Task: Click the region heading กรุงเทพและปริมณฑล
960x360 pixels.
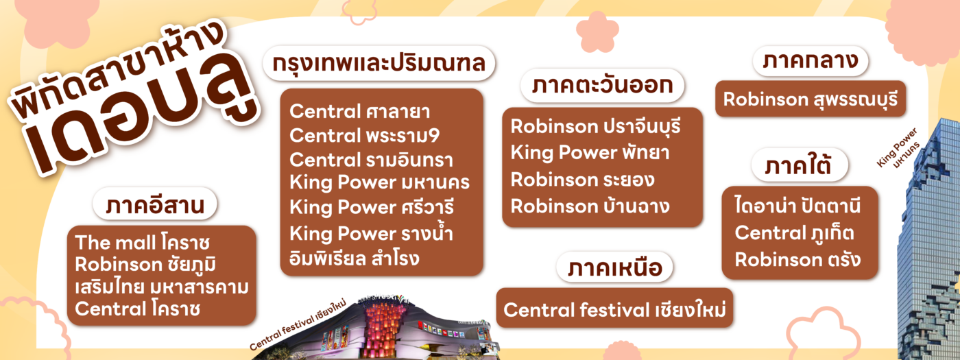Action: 379,63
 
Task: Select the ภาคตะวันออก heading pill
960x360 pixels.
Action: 602,85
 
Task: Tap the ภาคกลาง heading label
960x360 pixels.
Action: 811,61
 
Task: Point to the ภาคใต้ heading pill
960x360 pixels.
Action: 800,165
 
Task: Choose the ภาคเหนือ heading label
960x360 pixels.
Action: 614,267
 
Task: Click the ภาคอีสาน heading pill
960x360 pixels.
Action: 155,204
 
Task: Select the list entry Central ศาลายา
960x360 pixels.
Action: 359,111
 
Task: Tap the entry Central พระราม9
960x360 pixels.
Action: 364,136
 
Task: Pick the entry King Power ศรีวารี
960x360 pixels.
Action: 372,207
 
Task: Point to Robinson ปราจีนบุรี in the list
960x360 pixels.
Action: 596,126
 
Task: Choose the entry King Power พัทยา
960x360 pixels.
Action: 590,152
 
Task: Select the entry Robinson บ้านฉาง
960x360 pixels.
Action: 590,206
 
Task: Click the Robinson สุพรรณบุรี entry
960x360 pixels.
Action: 811,99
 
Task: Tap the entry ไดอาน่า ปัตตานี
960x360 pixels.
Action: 797,205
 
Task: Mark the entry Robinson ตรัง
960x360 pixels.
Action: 797,260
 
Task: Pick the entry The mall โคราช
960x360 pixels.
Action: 143,243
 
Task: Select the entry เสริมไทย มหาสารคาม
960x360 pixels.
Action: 162,287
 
